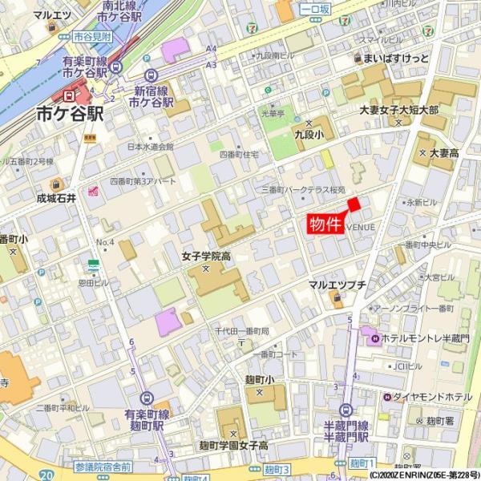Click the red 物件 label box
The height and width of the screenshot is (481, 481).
325,224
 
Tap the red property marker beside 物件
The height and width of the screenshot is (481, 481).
354,204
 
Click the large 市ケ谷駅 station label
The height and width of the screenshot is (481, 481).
71,115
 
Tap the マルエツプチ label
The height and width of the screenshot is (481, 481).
338,285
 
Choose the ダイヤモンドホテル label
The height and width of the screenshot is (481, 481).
433,397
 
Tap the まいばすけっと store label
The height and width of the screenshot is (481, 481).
395,59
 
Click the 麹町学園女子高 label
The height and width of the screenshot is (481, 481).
233,445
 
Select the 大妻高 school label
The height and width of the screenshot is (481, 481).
443,152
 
